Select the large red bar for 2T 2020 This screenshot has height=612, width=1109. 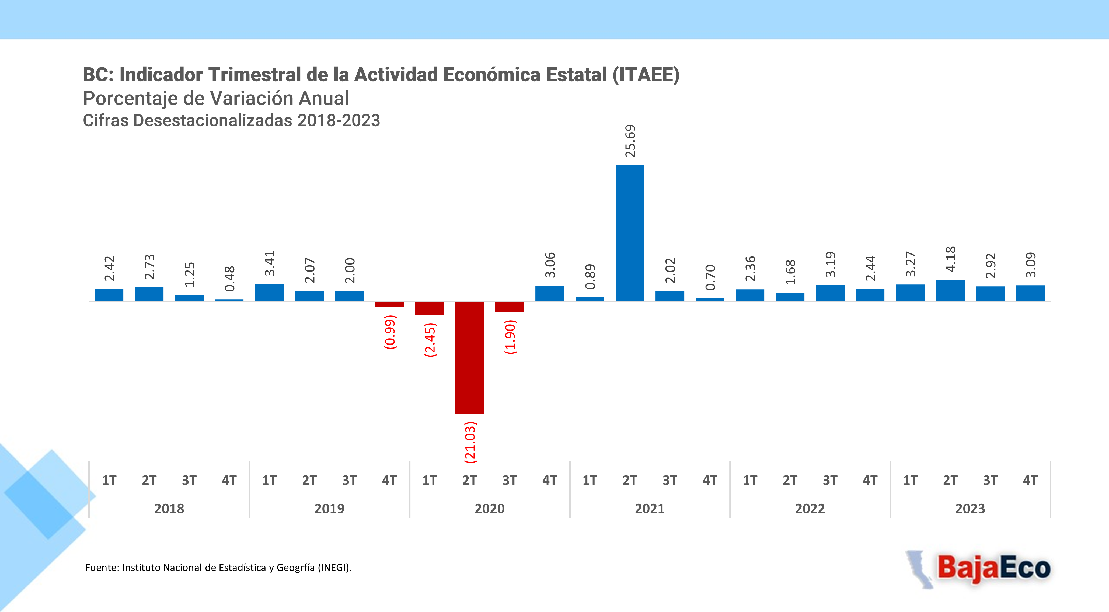click(469, 357)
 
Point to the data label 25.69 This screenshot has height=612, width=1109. click(630, 141)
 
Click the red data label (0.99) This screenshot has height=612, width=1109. click(390, 332)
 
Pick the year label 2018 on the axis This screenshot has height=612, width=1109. click(169, 509)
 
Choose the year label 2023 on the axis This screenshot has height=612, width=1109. click(970, 509)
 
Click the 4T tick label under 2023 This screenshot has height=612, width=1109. click(1030, 480)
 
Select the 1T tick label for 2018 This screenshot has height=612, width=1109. click(109, 480)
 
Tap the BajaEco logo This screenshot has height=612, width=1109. click(986, 569)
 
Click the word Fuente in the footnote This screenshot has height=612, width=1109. click(102, 568)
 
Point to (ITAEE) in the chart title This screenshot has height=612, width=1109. click(646, 75)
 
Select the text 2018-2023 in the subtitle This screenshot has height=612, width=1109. click(339, 121)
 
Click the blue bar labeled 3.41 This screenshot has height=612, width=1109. click(269, 293)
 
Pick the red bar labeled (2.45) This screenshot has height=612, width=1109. click(429, 308)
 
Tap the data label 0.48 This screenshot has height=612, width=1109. click(229, 279)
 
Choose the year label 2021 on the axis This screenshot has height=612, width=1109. click(650, 509)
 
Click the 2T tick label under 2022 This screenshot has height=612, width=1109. click(790, 480)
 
